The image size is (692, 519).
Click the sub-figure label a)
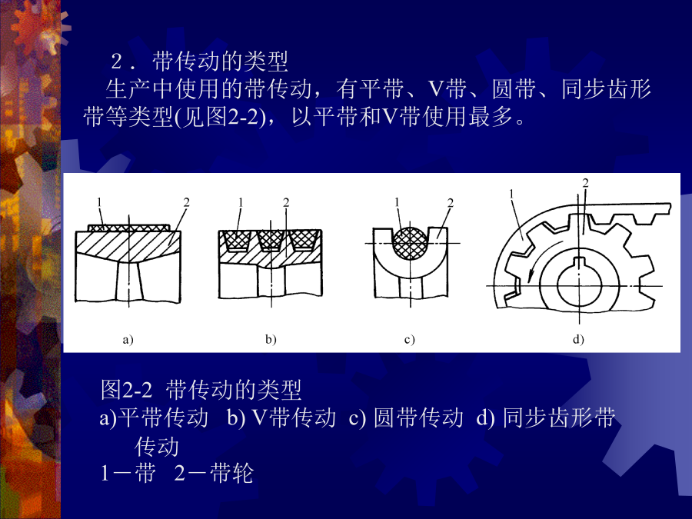point(128,339)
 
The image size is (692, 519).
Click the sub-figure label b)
point(271,339)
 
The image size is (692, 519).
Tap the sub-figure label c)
point(410,339)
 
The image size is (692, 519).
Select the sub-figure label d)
point(578,339)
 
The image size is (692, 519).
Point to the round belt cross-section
point(410,243)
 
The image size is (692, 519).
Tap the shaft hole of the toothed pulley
point(578,284)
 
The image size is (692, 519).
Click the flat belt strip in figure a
point(128,228)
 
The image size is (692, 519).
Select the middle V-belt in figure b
point(270,240)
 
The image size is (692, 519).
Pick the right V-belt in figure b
point(304,240)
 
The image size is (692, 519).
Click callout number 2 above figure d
point(586,183)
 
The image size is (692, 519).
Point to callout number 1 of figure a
point(99,202)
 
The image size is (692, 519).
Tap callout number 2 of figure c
point(450,202)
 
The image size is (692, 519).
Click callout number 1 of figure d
point(511,194)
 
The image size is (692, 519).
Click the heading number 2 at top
point(117,62)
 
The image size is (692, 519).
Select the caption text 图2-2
point(127,390)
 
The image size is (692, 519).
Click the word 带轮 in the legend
point(232,473)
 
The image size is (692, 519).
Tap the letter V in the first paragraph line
point(436,89)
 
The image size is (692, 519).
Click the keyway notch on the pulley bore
point(578,261)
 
